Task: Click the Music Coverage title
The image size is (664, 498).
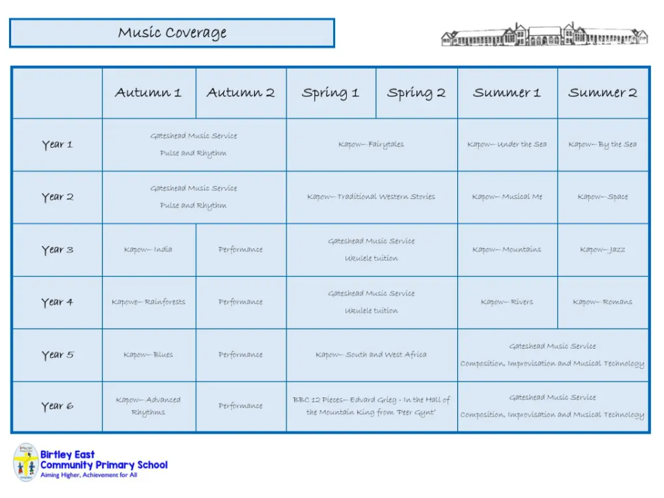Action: click(x=172, y=33)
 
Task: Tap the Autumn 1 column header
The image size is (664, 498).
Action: click(x=148, y=92)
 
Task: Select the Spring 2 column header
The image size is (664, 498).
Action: click(x=416, y=93)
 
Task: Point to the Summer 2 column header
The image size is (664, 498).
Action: click(x=603, y=92)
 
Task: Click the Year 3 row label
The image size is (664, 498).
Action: click(x=58, y=250)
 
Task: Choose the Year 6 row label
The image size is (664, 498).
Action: click(x=58, y=406)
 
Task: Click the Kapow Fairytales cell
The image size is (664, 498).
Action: click(x=371, y=144)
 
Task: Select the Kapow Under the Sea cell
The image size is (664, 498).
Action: click(x=507, y=144)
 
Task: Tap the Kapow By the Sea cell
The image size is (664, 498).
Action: click(x=603, y=144)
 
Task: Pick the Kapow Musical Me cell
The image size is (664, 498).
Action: click(x=507, y=196)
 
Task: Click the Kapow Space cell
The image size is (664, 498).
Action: click(x=603, y=197)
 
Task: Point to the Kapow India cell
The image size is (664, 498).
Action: click(x=148, y=250)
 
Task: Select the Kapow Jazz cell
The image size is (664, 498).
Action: click(x=603, y=250)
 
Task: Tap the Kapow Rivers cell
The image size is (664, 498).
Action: click(x=507, y=302)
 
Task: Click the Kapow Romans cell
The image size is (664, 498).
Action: click(x=603, y=302)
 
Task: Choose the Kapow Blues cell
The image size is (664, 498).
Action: click(x=148, y=354)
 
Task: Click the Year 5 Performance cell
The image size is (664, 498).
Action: click(x=241, y=354)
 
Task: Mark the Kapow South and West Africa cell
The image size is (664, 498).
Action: click(x=371, y=354)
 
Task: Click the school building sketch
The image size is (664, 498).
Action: click(x=544, y=34)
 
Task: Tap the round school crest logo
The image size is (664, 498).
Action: click(x=26, y=463)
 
